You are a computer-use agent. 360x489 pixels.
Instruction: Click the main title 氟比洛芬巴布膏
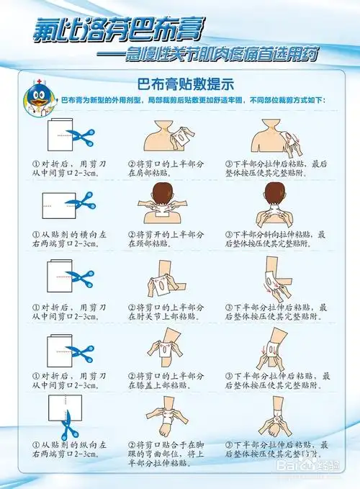(x=115, y=31)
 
